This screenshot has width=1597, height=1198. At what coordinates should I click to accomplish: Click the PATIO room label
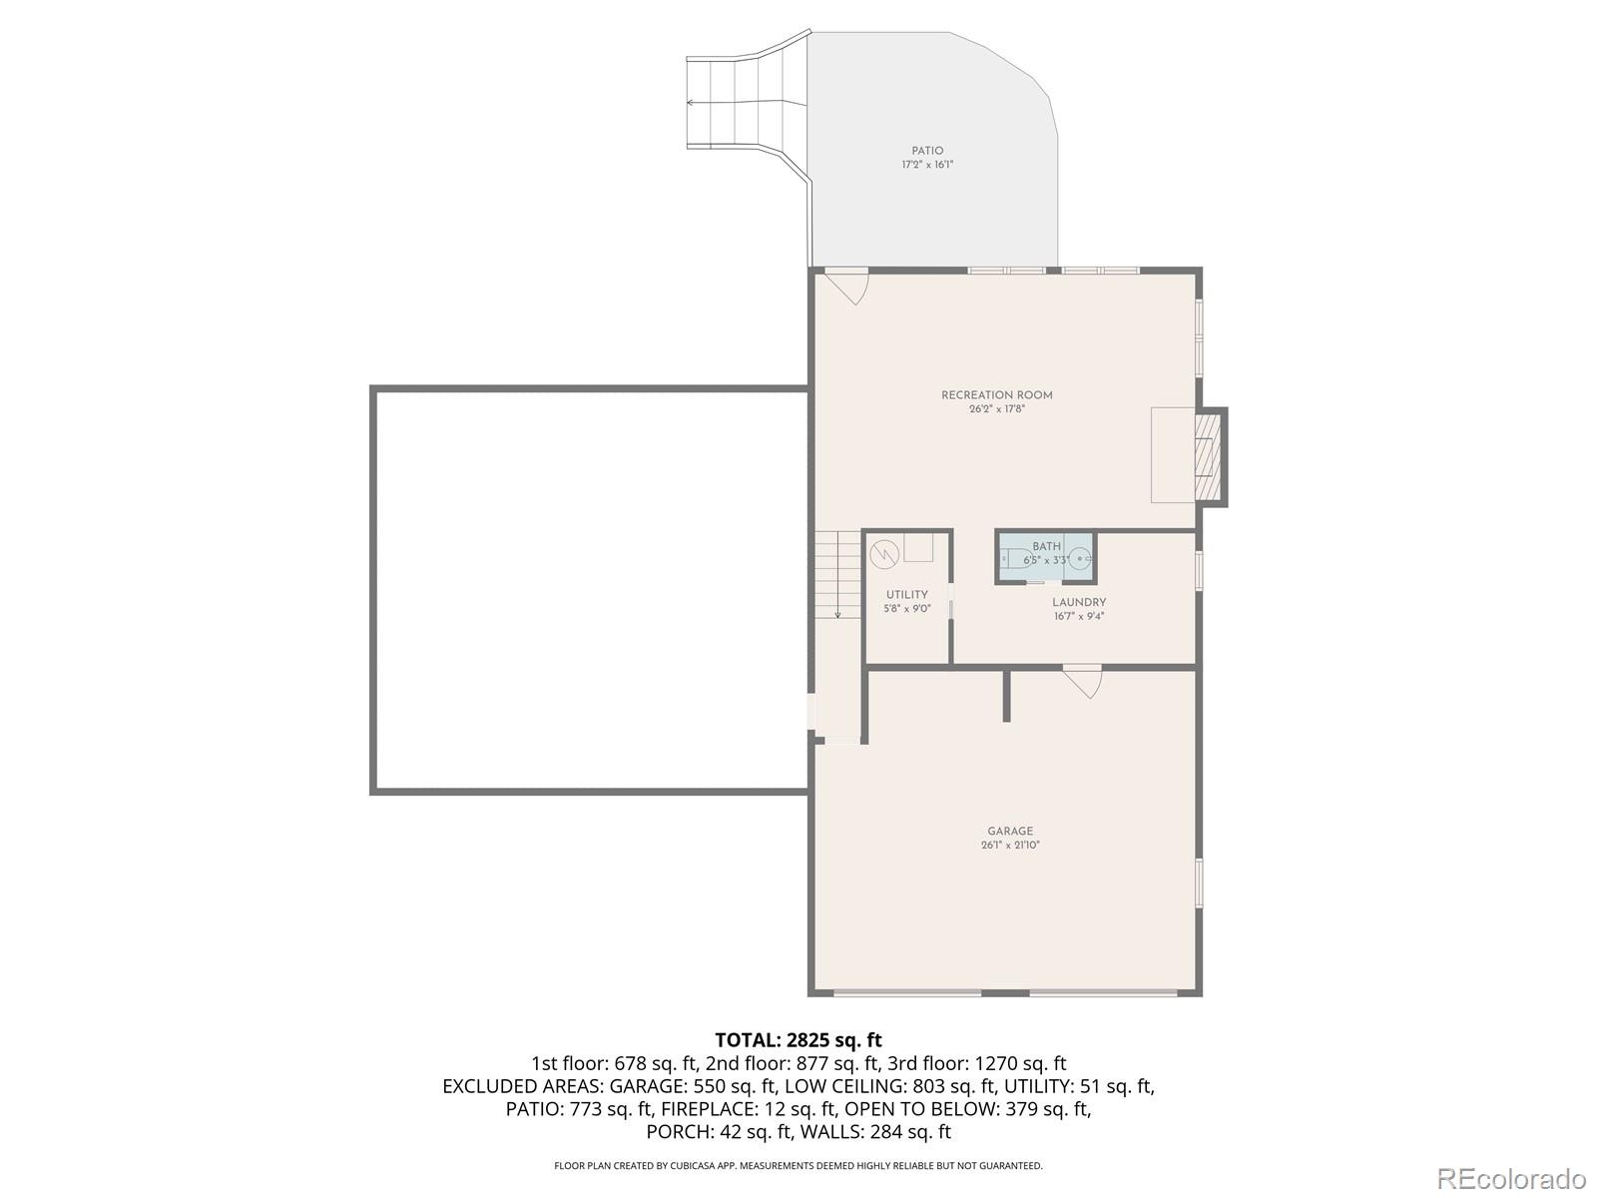[x=927, y=151]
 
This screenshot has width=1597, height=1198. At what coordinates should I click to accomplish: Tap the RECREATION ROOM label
[x=996, y=395]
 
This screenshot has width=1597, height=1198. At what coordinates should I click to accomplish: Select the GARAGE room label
[x=1010, y=831]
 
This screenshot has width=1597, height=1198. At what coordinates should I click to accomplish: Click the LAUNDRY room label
[x=1079, y=602]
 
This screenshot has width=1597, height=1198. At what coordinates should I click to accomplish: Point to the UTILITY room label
[x=906, y=595]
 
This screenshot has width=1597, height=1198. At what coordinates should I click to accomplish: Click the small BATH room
[x=1046, y=556]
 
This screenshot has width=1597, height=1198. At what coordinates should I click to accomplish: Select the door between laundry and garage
[x=1083, y=680]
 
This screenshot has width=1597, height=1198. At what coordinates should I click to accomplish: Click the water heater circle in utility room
[x=884, y=554]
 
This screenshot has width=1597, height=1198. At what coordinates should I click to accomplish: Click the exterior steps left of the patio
[x=745, y=102]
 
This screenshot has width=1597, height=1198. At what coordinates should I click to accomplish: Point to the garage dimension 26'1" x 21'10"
[x=1010, y=846]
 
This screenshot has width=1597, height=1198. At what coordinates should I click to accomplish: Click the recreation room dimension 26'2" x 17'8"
[x=996, y=409]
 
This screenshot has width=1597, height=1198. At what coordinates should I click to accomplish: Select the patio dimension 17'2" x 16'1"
[x=927, y=165]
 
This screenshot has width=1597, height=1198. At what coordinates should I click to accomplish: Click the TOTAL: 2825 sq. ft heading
[x=798, y=1041]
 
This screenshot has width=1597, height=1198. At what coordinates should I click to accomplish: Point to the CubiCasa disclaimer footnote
[x=798, y=1166]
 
